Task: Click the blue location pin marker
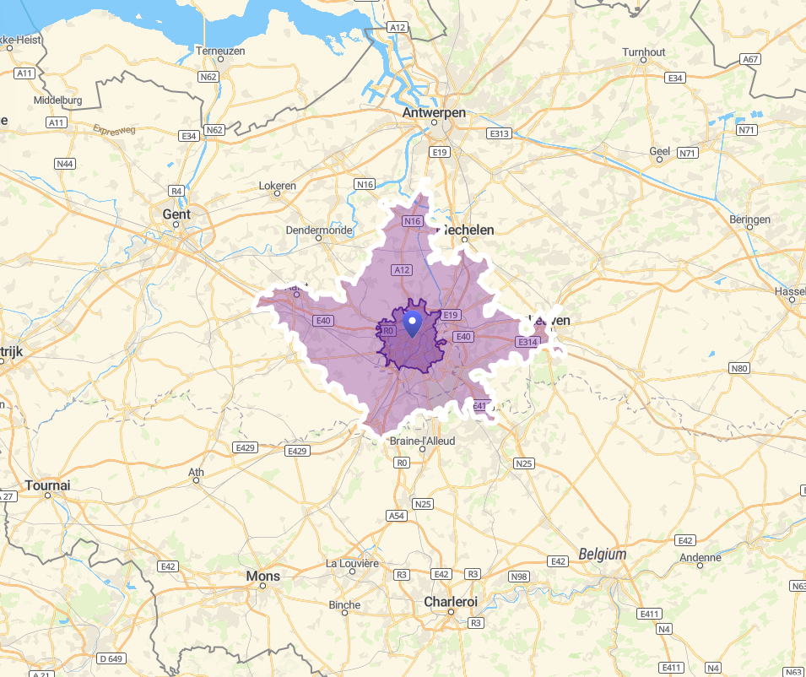413,322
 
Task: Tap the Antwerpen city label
434,112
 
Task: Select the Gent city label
176,214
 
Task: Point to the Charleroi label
450,601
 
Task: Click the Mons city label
262,576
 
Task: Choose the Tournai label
48,485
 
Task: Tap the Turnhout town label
643,52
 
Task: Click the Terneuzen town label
219,51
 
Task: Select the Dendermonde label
318,230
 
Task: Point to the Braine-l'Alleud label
422,441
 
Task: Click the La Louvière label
352,563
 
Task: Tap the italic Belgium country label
603,555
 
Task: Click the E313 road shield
499,133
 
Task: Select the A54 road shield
396,515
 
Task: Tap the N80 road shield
739,368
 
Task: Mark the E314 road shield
527,342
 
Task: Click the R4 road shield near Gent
176,191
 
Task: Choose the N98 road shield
519,577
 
